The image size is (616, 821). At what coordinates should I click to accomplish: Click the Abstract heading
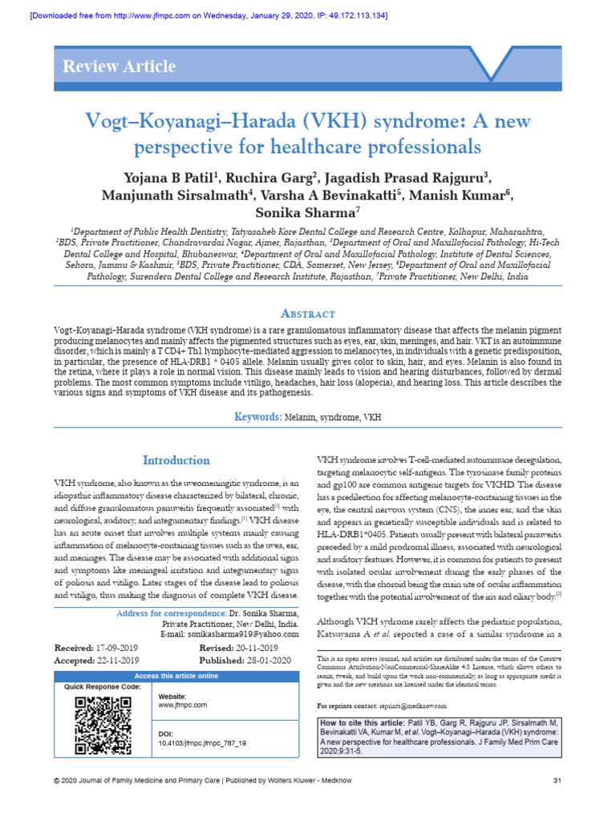308,313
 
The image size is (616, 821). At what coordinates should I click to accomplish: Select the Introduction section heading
176,460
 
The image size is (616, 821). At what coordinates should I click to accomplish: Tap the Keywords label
257,417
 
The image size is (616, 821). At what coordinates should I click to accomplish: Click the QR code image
103,726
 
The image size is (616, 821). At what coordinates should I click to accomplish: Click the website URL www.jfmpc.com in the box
183,705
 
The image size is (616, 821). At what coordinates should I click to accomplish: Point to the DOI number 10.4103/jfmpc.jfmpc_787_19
203,743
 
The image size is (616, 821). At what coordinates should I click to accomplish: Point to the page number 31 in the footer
557,780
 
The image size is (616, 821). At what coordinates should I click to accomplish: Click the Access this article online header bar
176,676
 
